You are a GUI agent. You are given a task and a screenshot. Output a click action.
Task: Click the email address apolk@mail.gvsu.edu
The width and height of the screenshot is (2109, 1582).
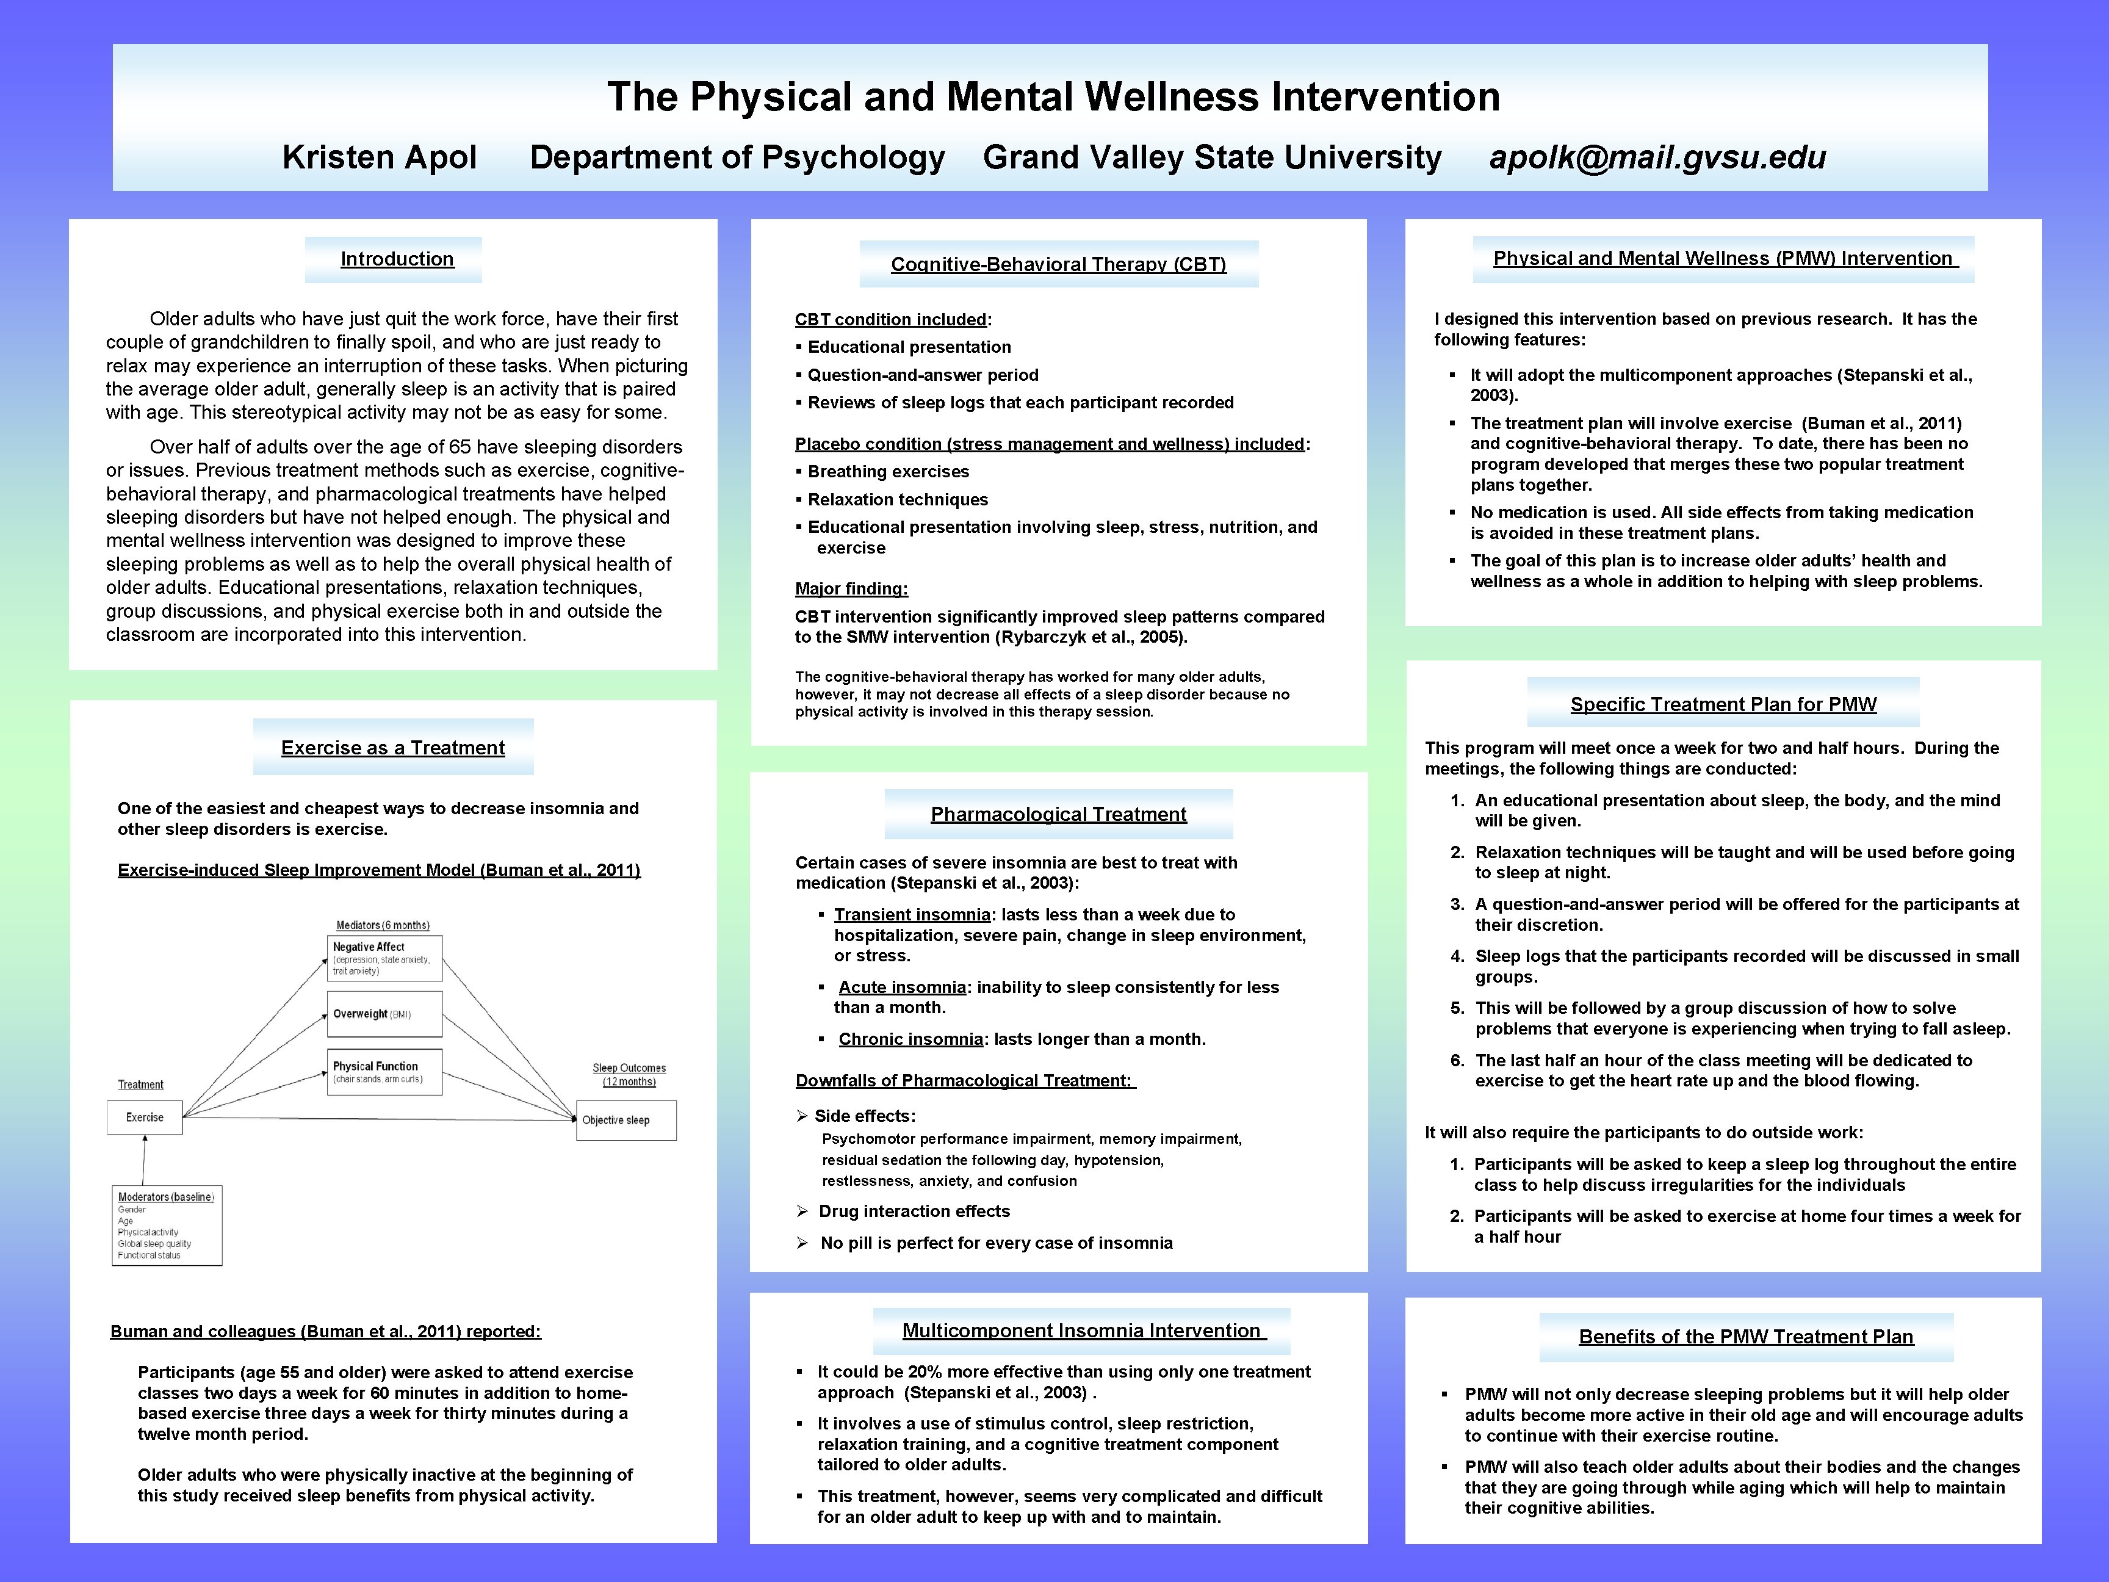(x=1657, y=157)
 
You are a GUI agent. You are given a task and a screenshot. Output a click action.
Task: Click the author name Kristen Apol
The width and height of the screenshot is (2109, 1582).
(x=380, y=157)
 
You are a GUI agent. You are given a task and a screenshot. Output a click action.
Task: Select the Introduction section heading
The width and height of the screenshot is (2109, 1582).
(x=397, y=259)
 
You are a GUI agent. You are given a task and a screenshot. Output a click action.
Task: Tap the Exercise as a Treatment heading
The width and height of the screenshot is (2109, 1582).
(x=393, y=748)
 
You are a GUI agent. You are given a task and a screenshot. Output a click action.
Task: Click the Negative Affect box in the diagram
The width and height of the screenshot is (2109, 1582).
(x=384, y=958)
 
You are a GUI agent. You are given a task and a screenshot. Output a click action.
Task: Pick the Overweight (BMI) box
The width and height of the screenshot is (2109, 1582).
(x=384, y=1014)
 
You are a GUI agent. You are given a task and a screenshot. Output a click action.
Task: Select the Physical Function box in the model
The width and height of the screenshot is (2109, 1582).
(x=384, y=1072)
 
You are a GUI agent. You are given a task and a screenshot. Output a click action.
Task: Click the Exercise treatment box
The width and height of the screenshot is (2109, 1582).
(x=145, y=1118)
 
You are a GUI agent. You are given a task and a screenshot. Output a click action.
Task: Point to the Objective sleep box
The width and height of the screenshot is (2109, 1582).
(x=625, y=1121)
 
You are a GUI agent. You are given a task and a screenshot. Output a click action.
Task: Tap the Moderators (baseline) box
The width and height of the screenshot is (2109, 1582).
(x=167, y=1226)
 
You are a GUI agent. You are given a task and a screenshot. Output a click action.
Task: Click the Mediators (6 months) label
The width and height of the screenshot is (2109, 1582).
(x=383, y=925)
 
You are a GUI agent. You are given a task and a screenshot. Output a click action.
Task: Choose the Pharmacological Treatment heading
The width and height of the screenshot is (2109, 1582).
(x=1058, y=814)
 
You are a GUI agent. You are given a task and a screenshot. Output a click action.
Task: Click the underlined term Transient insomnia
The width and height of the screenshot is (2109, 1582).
(x=912, y=914)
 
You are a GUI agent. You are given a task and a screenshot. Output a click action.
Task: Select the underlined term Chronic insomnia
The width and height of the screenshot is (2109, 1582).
(x=910, y=1039)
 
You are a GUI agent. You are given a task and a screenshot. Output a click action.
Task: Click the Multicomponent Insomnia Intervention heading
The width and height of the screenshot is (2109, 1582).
(x=1082, y=1331)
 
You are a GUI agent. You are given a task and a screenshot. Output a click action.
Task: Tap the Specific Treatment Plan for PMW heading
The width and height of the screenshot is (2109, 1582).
(x=1723, y=705)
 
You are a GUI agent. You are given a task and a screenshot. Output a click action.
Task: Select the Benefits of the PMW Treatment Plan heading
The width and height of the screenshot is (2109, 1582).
(x=1746, y=1337)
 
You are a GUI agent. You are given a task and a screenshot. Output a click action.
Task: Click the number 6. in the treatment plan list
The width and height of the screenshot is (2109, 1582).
(x=1457, y=1060)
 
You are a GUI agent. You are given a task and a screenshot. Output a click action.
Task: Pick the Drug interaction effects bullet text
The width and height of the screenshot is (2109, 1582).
(x=914, y=1211)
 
